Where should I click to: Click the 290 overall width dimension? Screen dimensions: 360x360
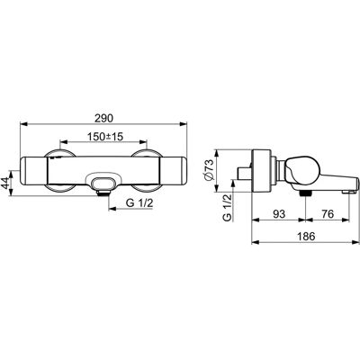pyautogui.click(x=103, y=119)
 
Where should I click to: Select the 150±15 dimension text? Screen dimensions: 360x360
pyautogui.click(x=105, y=137)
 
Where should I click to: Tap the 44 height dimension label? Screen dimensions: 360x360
pyautogui.click(x=5, y=183)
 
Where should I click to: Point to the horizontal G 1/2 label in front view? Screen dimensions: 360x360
pyautogui.click(x=139, y=203)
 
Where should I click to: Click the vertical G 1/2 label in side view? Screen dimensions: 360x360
pyautogui.click(x=228, y=207)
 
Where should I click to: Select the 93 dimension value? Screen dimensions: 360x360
pyautogui.click(x=279, y=214)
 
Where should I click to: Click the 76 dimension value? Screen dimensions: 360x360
pyautogui.click(x=328, y=214)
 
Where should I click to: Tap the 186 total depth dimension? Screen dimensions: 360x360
pyautogui.click(x=306, y=236)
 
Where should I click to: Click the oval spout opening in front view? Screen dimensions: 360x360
pyautogui.click(x=103, y=183)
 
